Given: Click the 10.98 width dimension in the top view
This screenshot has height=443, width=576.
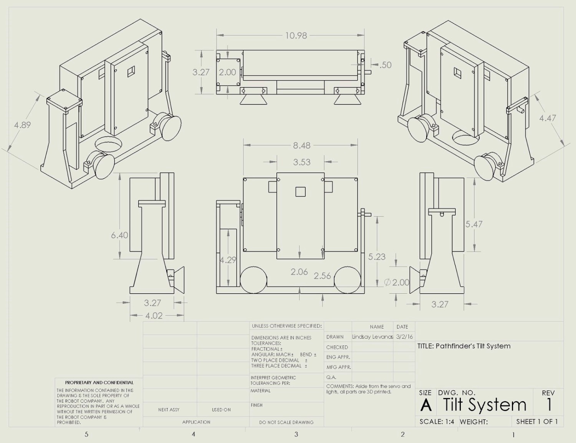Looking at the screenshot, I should [296, 36].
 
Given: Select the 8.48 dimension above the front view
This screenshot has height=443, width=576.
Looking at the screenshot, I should [301, 145].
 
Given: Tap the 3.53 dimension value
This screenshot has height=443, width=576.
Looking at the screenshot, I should [301, 162].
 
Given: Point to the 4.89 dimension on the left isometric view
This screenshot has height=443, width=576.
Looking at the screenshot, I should [22, 125].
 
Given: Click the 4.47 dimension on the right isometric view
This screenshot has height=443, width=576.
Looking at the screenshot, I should [547, 118].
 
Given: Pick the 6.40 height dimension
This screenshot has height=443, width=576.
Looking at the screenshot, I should [119, 235].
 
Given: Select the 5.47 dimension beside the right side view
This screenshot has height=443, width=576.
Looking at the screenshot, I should [474, 224].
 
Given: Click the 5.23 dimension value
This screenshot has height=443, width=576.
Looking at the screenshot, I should [376, 256].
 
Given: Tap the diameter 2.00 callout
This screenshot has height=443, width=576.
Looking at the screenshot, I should [397, 283].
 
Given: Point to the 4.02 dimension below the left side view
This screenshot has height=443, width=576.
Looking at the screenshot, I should [154, 316].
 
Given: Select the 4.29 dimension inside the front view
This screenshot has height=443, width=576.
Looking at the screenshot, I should [228, 260].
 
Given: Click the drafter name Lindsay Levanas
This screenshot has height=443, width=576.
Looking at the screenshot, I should [372, 337].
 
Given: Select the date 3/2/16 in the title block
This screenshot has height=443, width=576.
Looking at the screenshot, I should [404, 337].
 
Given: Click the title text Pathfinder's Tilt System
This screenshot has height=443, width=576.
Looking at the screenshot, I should [464, 346].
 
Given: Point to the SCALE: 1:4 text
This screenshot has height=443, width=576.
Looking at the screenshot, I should [437, 422].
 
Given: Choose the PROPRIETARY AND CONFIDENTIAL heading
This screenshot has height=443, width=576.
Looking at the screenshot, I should [99, 382].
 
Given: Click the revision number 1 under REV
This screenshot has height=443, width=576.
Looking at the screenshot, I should [549, 405].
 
